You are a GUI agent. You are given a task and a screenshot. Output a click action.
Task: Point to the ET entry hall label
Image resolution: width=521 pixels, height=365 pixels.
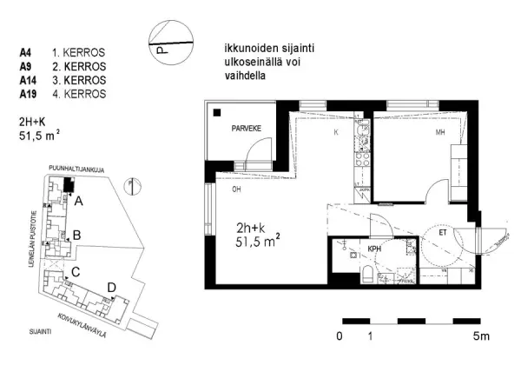tap(443, 232)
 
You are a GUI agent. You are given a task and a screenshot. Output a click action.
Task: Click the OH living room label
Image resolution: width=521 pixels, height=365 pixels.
tap(235, 189)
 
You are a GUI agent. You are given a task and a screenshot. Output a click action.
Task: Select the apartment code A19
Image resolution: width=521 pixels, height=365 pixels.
tap(28, 94)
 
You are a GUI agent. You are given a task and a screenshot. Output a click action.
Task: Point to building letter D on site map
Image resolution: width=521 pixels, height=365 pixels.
tap(111, 287)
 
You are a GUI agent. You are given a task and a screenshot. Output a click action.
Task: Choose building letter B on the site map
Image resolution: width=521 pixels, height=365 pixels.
tap(77, 235)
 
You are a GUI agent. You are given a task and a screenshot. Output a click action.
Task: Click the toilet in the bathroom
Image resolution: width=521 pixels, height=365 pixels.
tap(368, 275)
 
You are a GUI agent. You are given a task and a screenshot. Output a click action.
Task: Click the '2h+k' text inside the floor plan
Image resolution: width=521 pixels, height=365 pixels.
tap(252, 229)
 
